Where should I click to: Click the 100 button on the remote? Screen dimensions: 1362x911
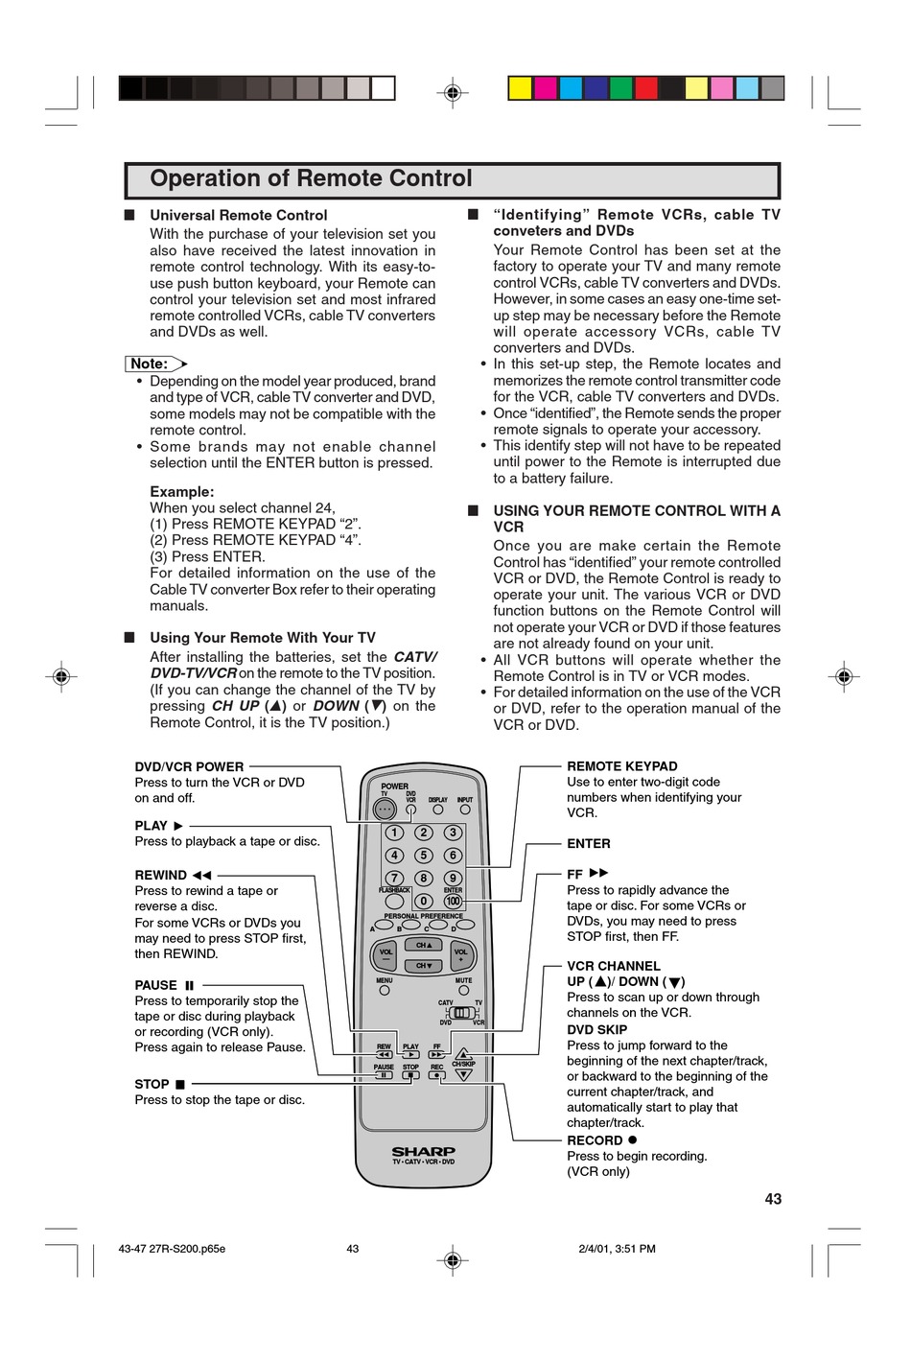coord(453,901)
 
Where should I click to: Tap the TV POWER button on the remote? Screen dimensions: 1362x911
coord(385,810)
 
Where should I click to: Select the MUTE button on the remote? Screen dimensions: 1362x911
coord(463,991)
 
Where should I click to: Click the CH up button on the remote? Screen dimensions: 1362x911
coord(423,945)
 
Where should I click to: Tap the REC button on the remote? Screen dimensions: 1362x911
coord(437,1075)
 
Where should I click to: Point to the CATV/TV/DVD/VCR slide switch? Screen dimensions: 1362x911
coord(462,1013)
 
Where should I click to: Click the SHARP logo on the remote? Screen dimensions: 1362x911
coord(423,1151)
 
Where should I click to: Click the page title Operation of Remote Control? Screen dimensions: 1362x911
coord(311,179)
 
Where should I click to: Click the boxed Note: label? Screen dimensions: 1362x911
coord(150,364)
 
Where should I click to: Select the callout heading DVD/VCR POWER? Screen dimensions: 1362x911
coord(189,766)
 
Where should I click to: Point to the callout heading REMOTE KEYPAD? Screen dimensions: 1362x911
coord(621,766)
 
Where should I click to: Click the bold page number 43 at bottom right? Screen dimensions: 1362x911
coord(773,1199)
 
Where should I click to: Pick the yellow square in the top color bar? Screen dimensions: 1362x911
coord(520,88)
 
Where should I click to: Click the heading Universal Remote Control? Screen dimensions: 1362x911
coord(238,215)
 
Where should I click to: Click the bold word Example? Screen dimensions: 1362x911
coord(181,491)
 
